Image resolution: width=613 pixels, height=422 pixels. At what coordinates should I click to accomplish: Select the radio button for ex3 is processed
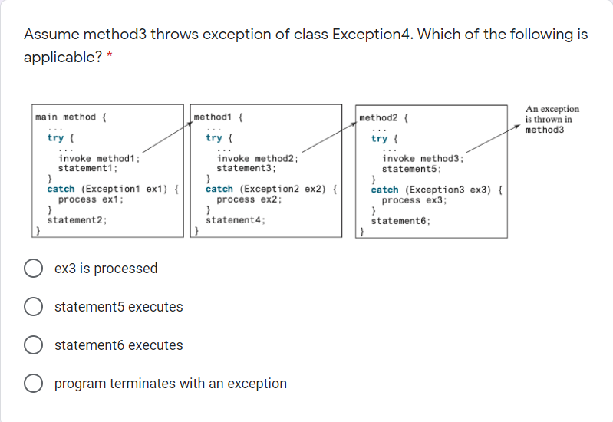[35, 269]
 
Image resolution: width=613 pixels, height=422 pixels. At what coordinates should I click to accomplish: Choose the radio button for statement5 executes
[35, 307]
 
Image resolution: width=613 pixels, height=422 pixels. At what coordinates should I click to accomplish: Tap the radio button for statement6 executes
[35, 345]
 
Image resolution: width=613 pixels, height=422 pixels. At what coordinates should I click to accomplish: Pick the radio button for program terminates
[35, 384]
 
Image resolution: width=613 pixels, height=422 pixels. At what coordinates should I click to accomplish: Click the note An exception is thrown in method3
[552, 119]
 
